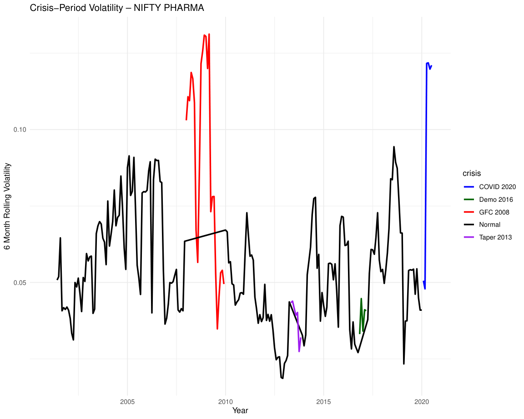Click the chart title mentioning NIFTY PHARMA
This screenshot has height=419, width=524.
pyautogui.click(x=116, y=8)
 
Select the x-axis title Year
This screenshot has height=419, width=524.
pyautogui.click(x=240, y=410)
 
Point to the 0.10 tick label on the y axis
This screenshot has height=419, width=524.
pyautogui.click(x=20, y=130)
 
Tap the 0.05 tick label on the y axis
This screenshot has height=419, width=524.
pyautogui.click(x=20, y=283)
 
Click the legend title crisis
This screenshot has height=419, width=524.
pyautogui.click(x=472, y=173)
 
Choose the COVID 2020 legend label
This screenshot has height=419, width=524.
pyautogui.click(x=497, y=187)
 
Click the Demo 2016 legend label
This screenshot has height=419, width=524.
pyautogui.click(x=496, y=200)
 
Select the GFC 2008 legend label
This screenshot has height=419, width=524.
pyautogui.click(x=494, y=212)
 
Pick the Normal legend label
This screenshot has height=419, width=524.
pyautogui.click(x=489, y=224)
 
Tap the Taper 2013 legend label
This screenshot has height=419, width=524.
pyautogui.click(x=495, y=237)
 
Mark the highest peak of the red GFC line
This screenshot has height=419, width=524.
pyautogui.click(x=209, y=34)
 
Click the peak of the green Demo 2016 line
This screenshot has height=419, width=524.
pyautogui.click(x=361, y=299)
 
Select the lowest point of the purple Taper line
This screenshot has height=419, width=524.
pyautogui.click(x=299, y=351)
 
